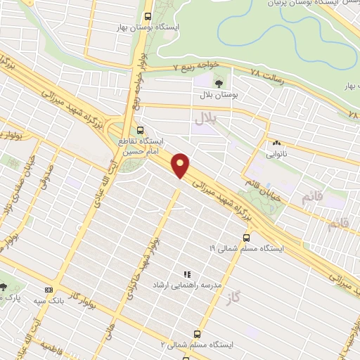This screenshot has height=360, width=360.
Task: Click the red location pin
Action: [181, 166]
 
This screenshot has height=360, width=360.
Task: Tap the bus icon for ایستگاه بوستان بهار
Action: [147, 16]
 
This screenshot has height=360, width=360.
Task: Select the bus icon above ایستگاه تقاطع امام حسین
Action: [140, 130]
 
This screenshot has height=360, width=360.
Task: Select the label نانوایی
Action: [275, 151]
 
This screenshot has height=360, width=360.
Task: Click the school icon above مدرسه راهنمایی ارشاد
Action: [186, 274]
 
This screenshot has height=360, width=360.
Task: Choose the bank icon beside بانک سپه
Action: [49, 289]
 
